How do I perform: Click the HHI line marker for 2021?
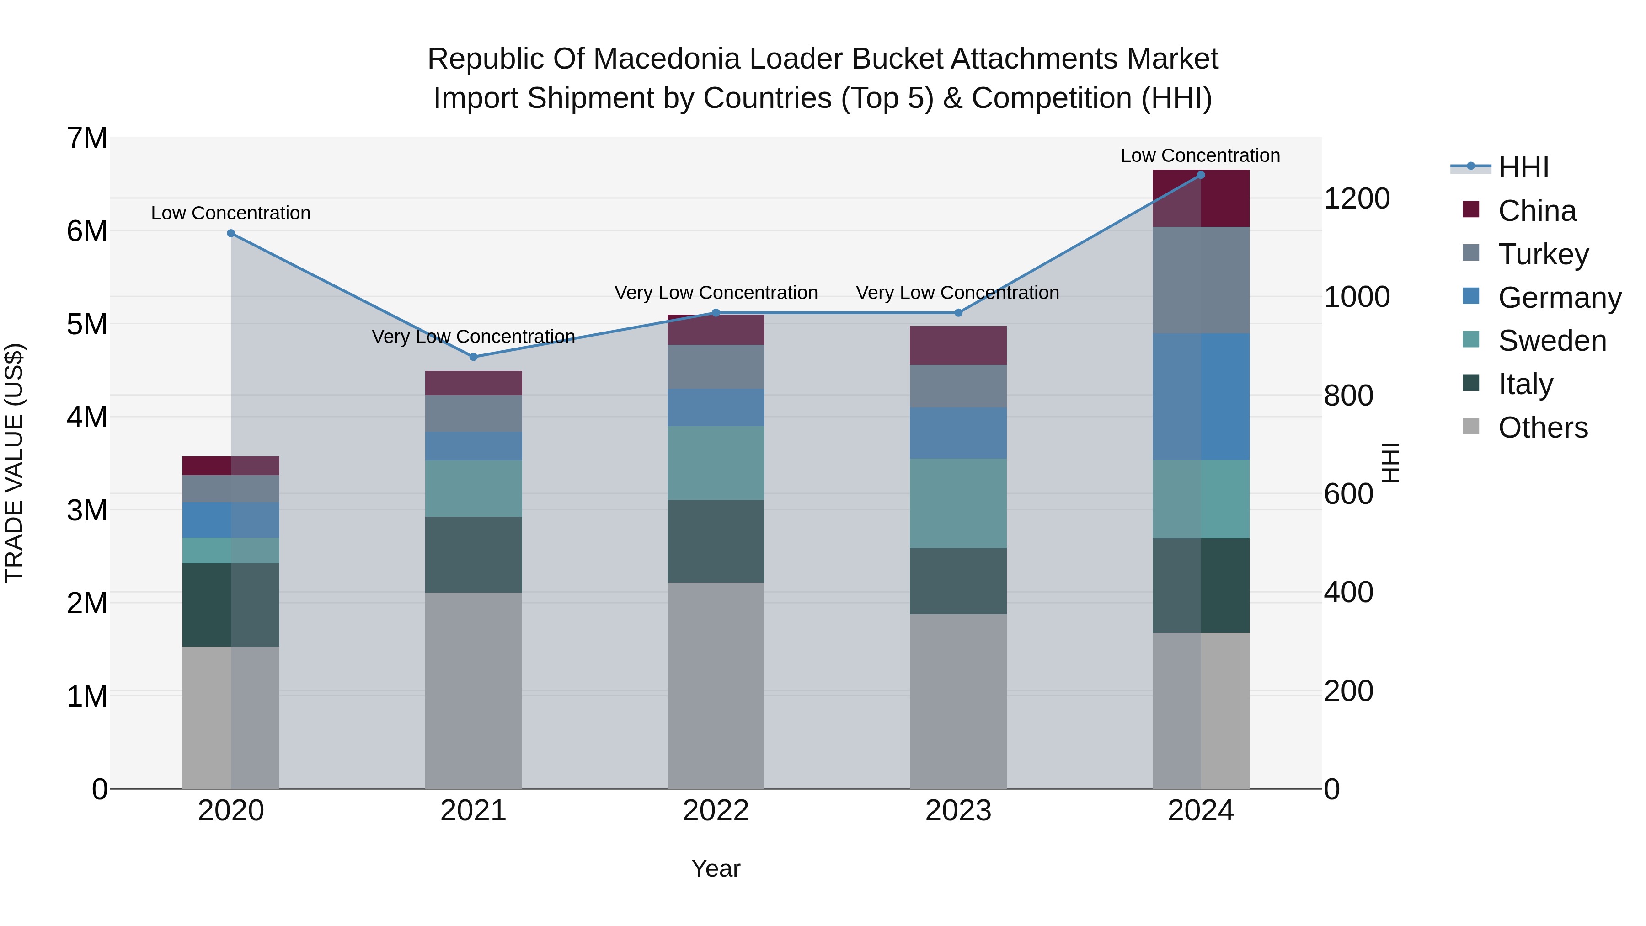coord(474,357)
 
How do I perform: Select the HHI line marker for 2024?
coord(1201,175)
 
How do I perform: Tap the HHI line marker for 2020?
coord(231,233)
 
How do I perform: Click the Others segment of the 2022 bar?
coord(716,685)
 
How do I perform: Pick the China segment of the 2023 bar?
coord(958,346)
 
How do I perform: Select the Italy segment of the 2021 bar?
coord(474,554)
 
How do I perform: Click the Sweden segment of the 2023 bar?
coord(958,503)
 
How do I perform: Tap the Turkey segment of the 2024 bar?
coord(1201,280)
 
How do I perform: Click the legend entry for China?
coord(1536,211)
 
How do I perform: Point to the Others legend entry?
coord(1542,428)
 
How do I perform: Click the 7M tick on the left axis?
coord(87,139)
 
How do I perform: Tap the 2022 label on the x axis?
coord(716,811)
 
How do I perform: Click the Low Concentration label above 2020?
coord(231,213)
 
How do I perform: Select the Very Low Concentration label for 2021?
coord(474,336)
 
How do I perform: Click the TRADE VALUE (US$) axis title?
coord(14,463)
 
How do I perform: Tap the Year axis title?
coord(716,868)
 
